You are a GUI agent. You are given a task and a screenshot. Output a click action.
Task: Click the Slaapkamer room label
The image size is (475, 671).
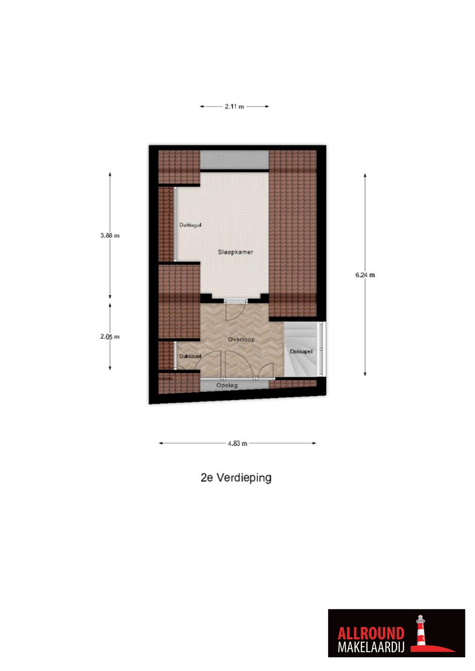(x=235, y=252)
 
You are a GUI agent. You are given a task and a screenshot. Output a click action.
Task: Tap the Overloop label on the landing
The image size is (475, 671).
(x=241, y=340)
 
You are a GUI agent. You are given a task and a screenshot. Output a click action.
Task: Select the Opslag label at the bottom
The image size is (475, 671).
(x=227, y=385)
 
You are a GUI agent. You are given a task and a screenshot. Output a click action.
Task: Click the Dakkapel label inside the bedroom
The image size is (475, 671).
(x=190, y=225)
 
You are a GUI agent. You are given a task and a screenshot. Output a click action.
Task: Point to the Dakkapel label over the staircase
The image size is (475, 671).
(x=301, y=352)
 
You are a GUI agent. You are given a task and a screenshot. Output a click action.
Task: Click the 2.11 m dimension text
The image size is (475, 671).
(x=234, y=106)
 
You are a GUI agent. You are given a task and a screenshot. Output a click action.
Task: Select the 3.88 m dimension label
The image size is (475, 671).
(x=110, y=236)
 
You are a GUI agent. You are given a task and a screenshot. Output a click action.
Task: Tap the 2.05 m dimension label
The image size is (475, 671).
(x=110, y=337)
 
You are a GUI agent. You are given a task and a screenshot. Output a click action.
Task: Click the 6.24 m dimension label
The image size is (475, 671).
(x=365, y=275)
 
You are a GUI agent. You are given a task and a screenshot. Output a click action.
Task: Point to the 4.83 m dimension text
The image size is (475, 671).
(x=237, y=443)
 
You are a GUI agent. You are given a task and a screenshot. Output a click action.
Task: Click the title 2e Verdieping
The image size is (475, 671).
(x=236, y=478)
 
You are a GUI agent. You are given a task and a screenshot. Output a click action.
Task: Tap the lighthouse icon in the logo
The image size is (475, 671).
(x=421, y=631)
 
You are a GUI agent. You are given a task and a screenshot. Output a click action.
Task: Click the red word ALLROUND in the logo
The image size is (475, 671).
(x=371, y=633)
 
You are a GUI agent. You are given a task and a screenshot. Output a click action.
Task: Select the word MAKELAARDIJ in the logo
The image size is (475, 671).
(x=371, y=647)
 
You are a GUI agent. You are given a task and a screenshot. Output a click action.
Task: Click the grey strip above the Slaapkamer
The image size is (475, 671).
(x=234, y=159)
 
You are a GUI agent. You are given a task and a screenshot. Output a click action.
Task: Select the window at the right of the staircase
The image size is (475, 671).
(x=322, y=349)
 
